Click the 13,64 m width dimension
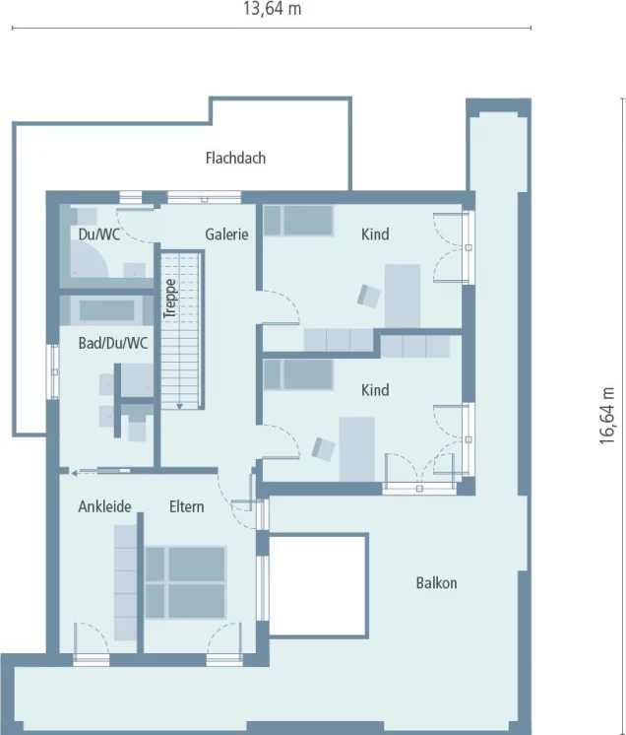point(272,9)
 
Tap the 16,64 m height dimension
point(607,416)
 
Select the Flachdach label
point(235,158)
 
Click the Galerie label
point(226,234)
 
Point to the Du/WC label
point(98,234)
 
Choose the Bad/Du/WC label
point(113,343)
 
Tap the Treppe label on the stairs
point(170,299)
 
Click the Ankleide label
point(104,506)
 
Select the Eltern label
point(186,506)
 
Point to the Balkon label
point(436,582)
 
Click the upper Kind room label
point(375,234)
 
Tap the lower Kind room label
point(375,390)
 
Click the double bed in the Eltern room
point(185,582)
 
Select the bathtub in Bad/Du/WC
point(107,310)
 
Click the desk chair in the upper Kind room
point(369,296)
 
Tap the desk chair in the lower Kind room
point(324,448)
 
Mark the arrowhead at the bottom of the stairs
point(179,406)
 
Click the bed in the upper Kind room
point(298,221)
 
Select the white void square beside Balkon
point(318,585)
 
